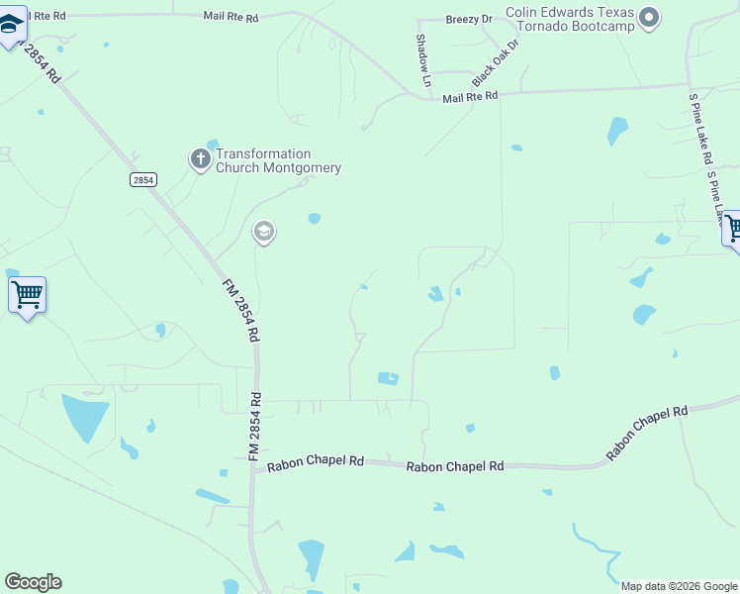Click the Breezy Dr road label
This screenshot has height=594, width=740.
click(x=469, y=19)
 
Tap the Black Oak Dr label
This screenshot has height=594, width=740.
click(x=496, y=63)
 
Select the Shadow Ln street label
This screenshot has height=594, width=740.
click(x=423, y=60)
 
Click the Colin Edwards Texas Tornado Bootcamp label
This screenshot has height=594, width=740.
click(x=569, y=20)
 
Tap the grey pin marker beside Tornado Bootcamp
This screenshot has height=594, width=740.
click(x=649, y=17)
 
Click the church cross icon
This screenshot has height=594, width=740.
click(x=200, y=158)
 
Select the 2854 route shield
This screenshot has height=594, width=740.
click(x=143, y=179)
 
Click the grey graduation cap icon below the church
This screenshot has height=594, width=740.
click(x=263, y=233)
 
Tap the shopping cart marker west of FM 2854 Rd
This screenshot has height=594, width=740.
click(x=27, y=295)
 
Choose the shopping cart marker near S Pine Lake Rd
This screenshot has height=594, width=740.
click(x=732, y=230)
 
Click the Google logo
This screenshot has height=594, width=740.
click(x=33, y=582)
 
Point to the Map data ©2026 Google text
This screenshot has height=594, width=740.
click(x=678, y=586)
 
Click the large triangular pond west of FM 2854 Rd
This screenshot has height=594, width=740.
click(x=85, y=416)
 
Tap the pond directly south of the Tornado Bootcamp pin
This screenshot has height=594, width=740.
click(x=617, y=131)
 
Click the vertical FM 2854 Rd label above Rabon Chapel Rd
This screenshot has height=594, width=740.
click(x=254, y=426)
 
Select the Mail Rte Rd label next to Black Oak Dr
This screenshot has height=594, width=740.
click(x=471, y=97)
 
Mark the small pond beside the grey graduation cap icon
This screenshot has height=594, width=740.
click(x=315, y=219)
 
